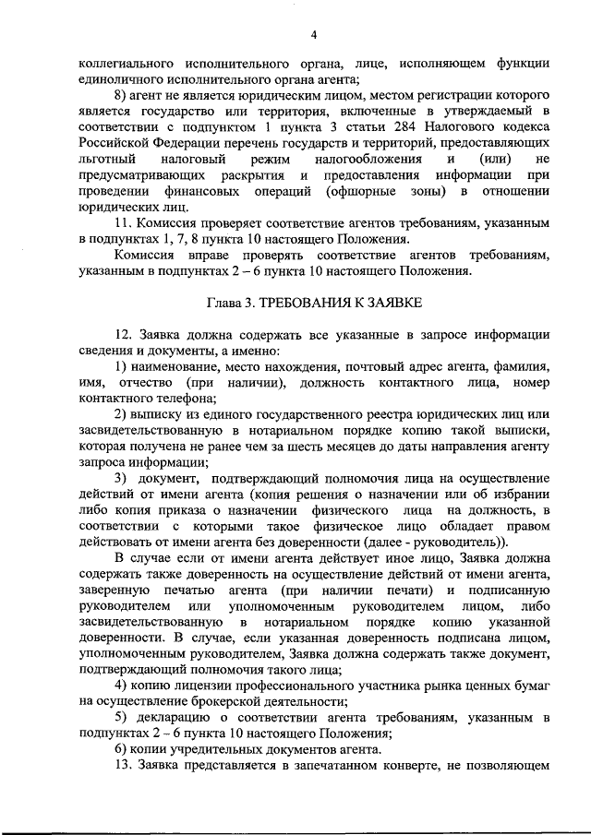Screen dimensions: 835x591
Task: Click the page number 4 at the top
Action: [313, 35]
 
